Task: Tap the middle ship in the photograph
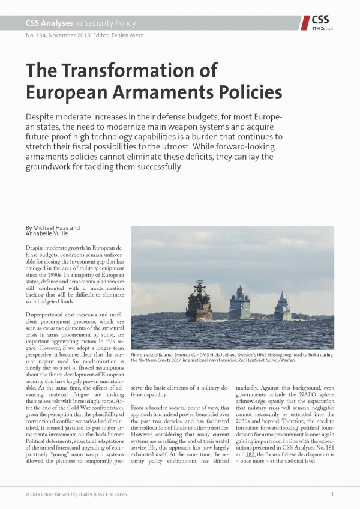(x=239, y=304)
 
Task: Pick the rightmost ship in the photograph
(x=282, y=307)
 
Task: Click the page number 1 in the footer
(x=332, y=494)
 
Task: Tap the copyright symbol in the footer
(x=28, y=494)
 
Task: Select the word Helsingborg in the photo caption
(x=299, y=354)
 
